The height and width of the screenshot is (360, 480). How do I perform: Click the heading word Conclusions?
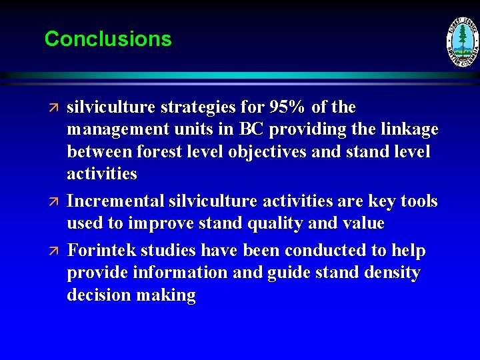point(108,39)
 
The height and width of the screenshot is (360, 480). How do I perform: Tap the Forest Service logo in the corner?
point(462,42)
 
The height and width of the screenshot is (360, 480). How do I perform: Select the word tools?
point(417,201)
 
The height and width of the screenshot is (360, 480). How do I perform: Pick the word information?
point(177,273)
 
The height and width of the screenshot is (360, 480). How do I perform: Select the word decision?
point(99,296)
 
